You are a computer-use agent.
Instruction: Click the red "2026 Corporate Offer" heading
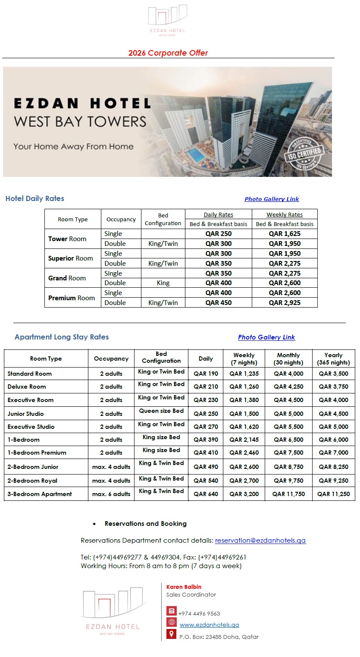[x=168, y=53]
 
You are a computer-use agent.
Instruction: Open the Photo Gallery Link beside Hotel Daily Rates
[x=272, y=199]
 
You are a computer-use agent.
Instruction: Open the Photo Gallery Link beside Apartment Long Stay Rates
[x=266, y=337]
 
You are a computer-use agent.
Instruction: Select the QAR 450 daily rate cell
[x=219, y=302]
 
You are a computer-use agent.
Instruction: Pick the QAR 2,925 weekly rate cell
[x=285, y=302]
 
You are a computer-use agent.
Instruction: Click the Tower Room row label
[x=67, y=239]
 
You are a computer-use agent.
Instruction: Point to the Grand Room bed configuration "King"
[x=163, y=283]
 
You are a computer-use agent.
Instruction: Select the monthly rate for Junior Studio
[x=288, y=414]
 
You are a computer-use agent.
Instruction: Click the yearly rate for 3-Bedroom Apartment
[x=333, y=494]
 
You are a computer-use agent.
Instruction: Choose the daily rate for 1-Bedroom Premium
[x=206, y=453]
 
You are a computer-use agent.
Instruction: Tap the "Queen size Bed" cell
[x=161, y=411]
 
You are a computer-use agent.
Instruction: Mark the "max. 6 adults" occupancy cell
[x=111, y=494]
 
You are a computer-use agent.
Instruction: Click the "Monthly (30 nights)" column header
[x=288, y=359]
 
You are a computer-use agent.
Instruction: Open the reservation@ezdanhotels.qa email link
[x=260, y=541]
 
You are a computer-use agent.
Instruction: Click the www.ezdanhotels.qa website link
[x=209, y=625]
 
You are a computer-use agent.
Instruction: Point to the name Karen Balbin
[x=184, y=587]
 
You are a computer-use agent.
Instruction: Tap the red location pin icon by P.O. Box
[x=171, y=634]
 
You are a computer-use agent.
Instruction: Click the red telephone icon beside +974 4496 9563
[x=171, y=611]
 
